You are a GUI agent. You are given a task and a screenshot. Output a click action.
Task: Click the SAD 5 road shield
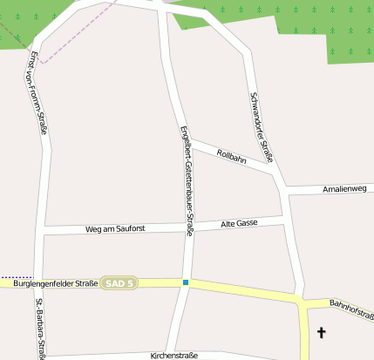tap(119, 283)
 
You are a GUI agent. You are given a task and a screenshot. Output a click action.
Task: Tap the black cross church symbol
tap(321, 332)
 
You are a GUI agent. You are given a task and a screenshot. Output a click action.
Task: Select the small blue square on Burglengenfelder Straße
tap(186, 282)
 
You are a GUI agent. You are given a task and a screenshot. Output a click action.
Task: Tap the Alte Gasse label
tap(240, 224)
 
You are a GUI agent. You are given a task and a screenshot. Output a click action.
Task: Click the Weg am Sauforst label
tap(114, 228)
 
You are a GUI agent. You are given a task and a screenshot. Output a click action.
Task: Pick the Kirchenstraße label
tap(174, 356)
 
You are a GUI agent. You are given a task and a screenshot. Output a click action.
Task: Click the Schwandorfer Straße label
tap(262, 127)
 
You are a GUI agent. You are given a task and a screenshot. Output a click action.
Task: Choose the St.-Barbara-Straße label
tap(40, 329)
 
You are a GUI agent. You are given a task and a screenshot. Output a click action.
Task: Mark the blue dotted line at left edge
tap(15, 277)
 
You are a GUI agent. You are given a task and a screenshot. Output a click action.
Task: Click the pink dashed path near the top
tap(65, 39)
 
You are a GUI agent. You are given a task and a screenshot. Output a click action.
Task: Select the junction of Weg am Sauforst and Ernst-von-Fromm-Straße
tap(38, 231)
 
